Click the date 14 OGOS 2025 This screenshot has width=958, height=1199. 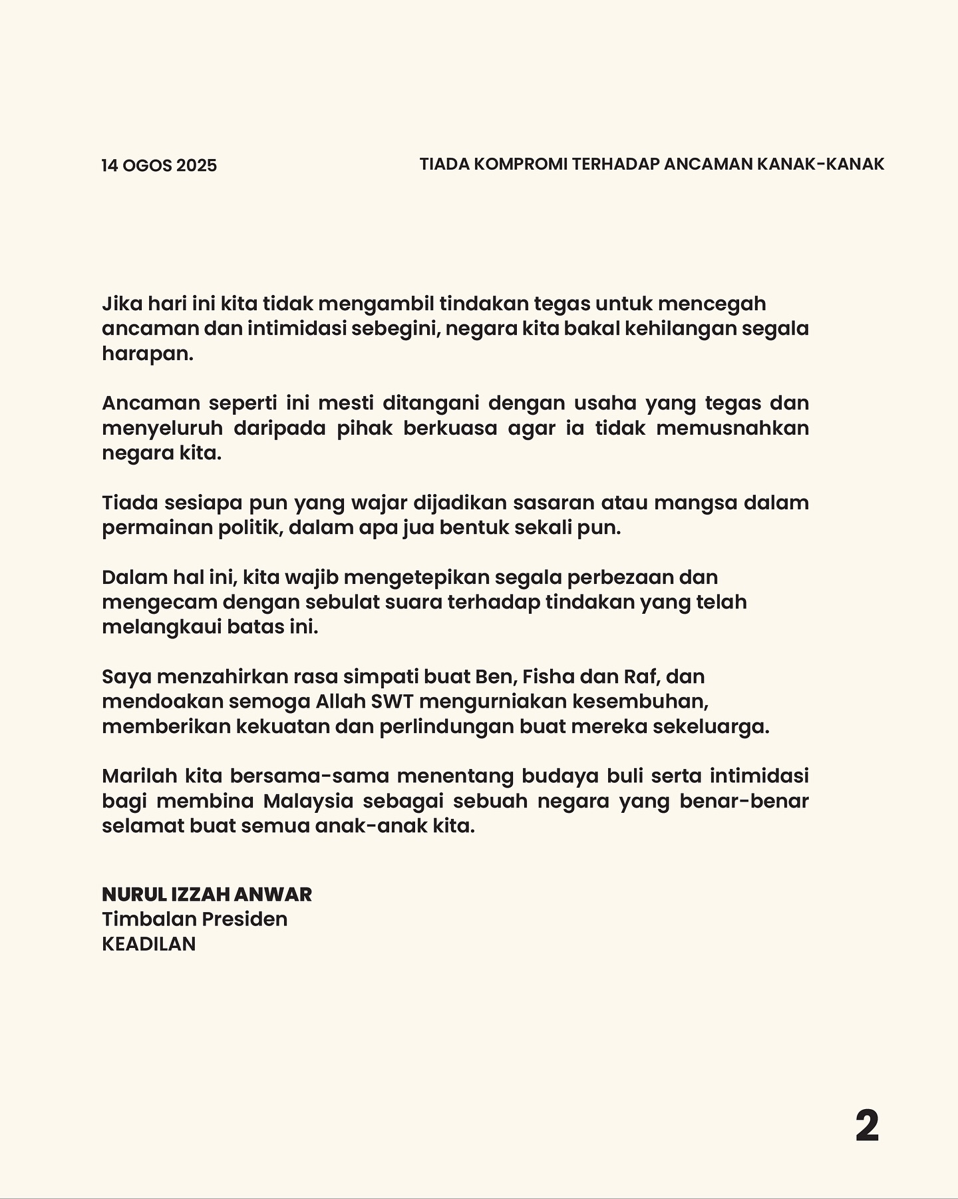[159, 165]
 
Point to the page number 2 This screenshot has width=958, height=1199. [867, 1126]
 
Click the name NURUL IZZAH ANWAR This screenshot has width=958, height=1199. [207, 894]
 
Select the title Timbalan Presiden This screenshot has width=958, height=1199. [195, 919]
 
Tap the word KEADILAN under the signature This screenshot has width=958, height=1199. [149, 944]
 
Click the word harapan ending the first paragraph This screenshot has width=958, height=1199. [147, 354]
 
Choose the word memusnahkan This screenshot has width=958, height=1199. [732, 427]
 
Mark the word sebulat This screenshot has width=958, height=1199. [349, 602]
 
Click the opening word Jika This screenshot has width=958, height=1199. [119, 304]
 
